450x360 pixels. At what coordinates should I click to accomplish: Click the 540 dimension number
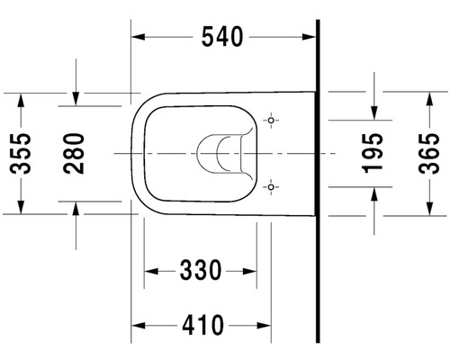click(222, 37)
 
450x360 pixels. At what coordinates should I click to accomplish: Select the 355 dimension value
click(21, 153)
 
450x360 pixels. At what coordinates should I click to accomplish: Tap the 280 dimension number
click(74, 153)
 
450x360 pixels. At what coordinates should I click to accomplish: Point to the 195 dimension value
click(373, 153)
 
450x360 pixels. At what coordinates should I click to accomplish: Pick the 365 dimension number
click(429, 153)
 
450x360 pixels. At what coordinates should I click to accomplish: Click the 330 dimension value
click(201, 270)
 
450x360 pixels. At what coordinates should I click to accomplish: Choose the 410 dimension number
click(202, 325)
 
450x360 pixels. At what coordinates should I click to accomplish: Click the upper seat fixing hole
click(271, 121)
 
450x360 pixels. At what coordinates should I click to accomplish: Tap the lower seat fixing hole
click(271, 187)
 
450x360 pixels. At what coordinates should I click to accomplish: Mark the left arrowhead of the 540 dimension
click(138, 37)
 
